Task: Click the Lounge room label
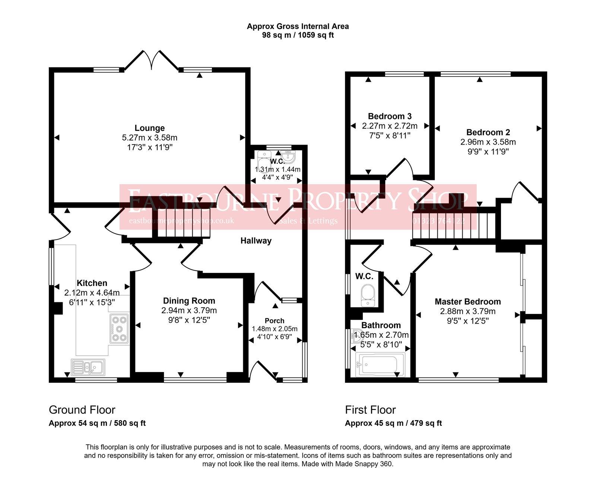point(149,128)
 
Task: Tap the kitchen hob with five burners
point(119,329)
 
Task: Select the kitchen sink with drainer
point(88,367)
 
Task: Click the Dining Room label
point(189,301)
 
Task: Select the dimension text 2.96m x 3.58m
point(488,142)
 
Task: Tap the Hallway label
point(256,241)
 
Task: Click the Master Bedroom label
point(467,302)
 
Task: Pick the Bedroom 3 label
point(390,116)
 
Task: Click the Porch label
point(275,321)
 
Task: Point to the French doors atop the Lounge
point(151,60)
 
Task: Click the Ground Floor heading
point(82,410)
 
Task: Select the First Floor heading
point(370,410)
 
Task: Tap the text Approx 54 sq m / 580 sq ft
point(97,423)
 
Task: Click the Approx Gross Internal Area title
point(298,26)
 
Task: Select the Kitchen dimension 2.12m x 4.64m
point(92,293)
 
